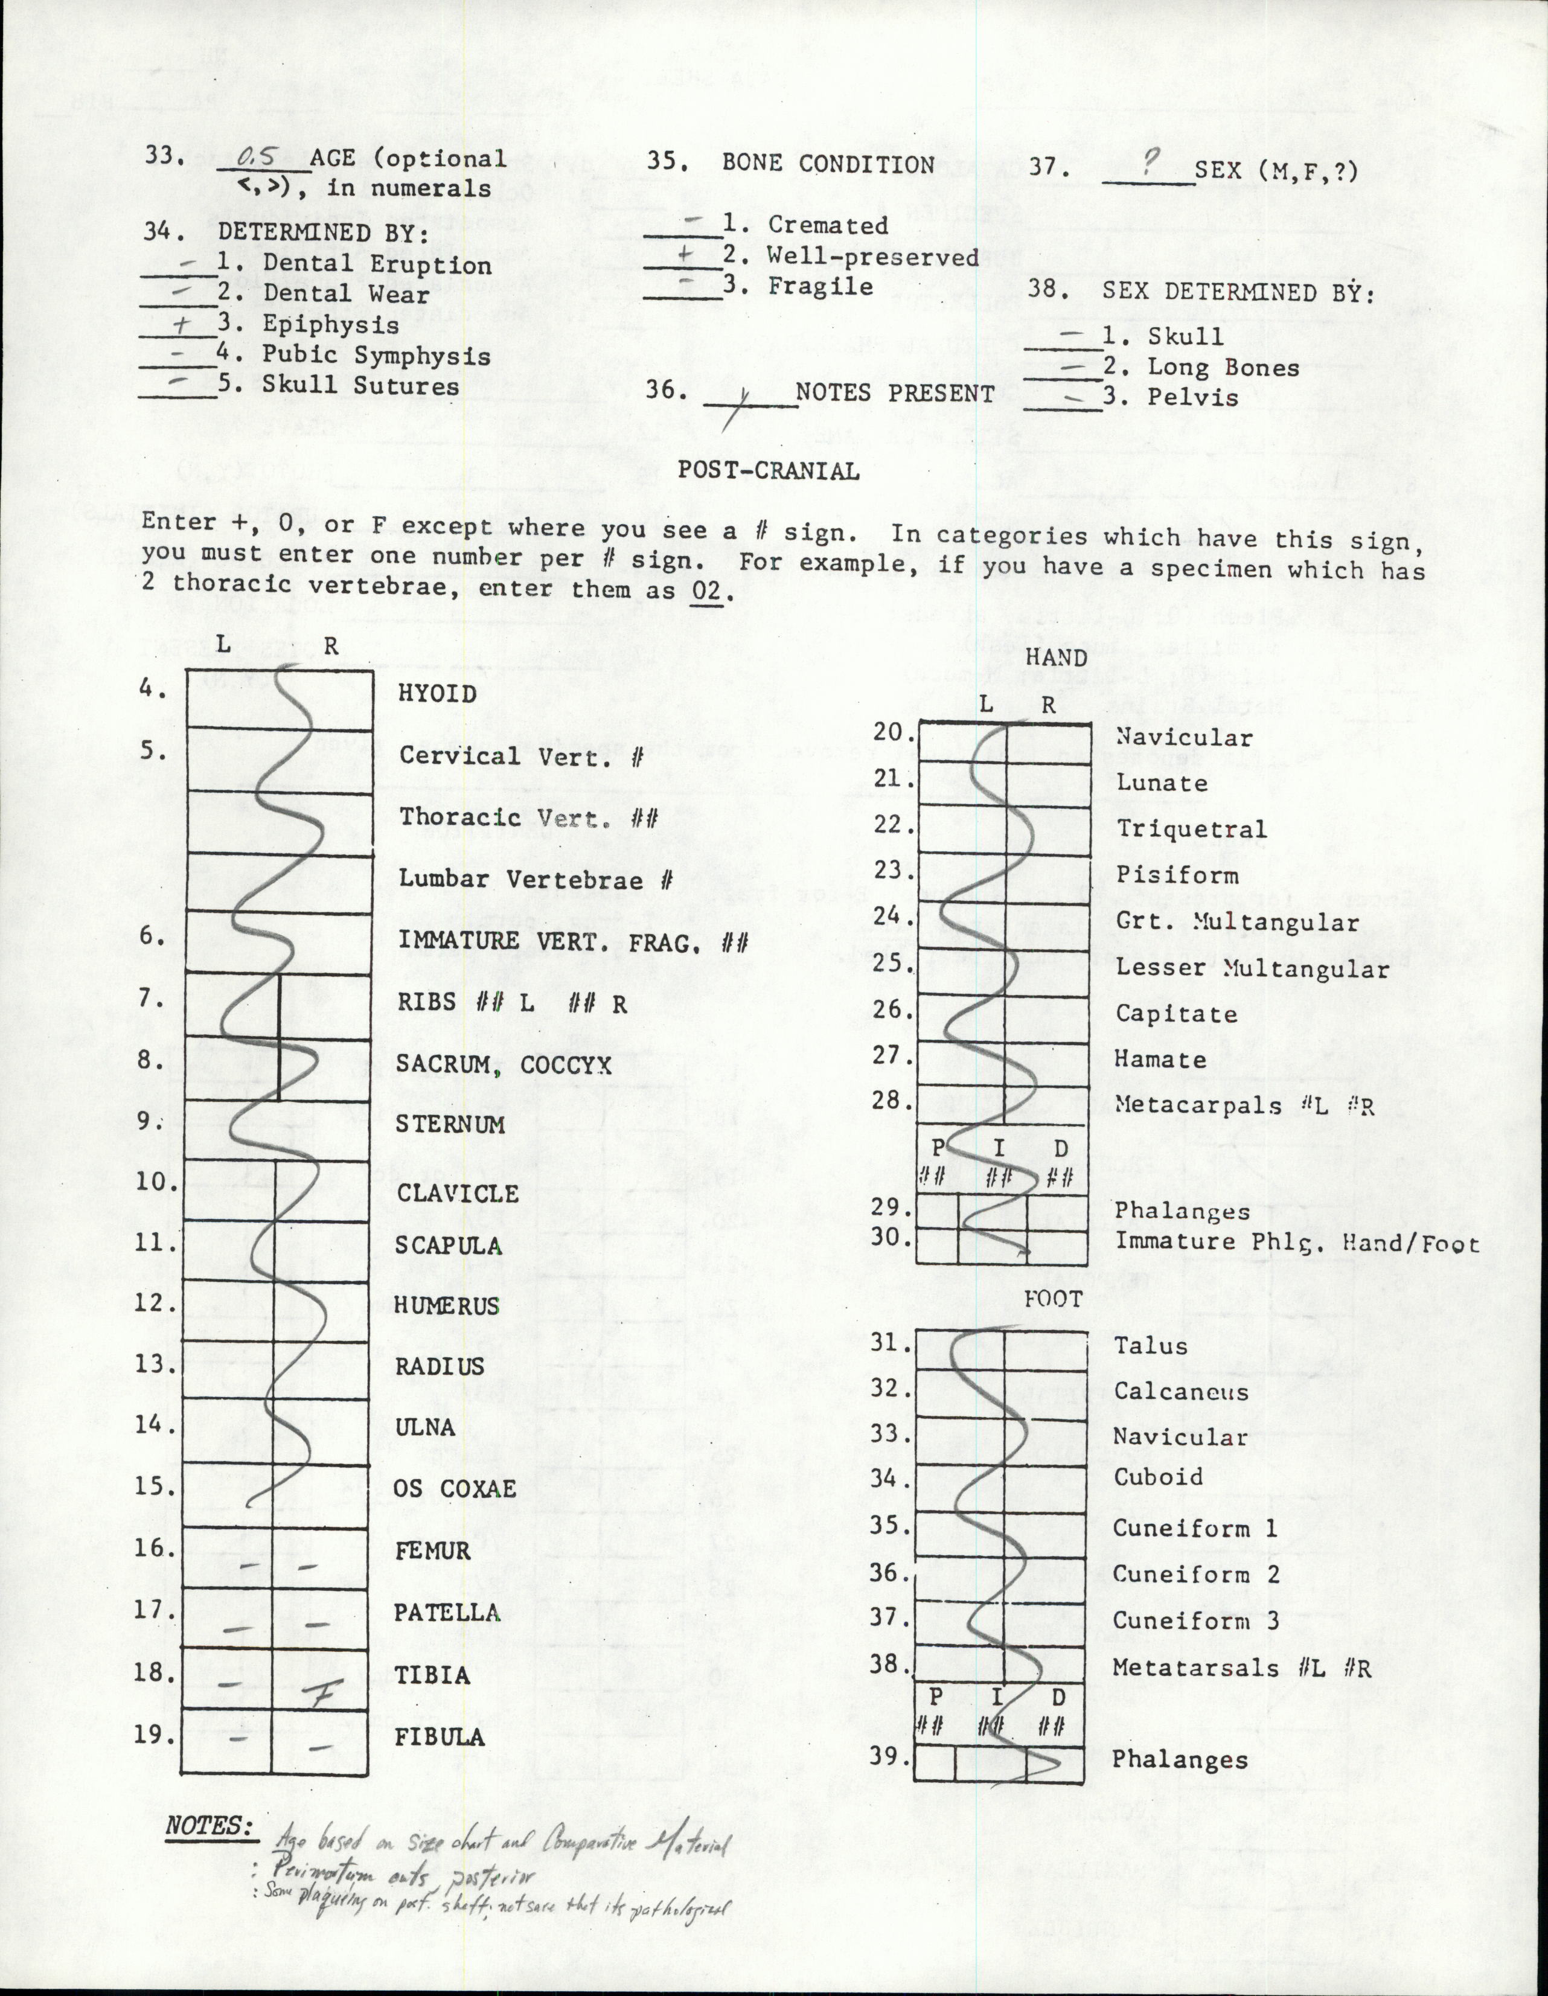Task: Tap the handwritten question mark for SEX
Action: click(1150, 162)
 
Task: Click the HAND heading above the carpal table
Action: click(1055, 657)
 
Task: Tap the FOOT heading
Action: click(1053, 1299)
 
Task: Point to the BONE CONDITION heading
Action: click(827, 164)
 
